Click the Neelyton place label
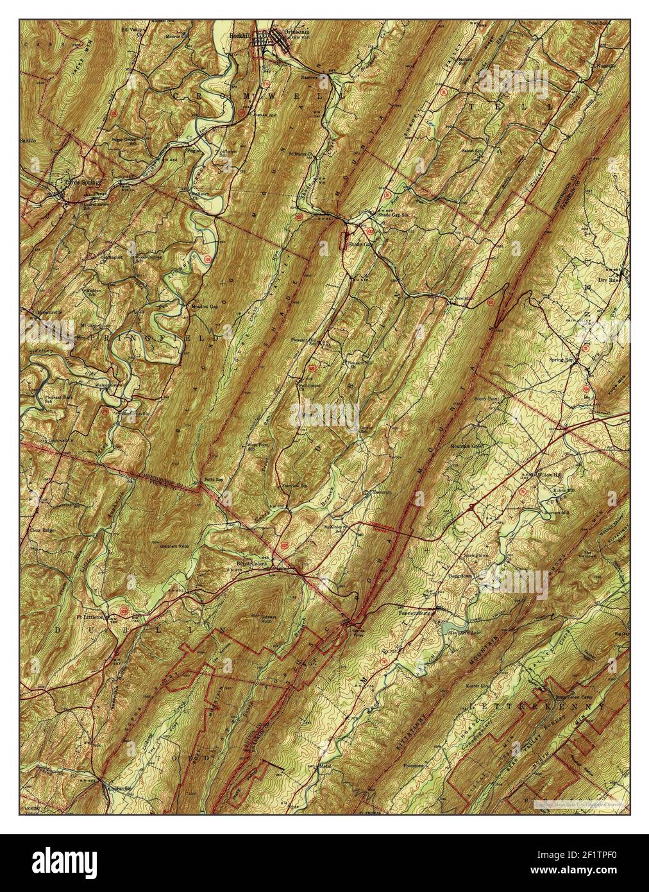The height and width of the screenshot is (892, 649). click(464, 298)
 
